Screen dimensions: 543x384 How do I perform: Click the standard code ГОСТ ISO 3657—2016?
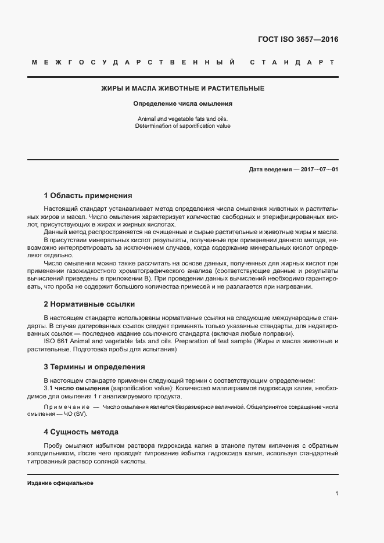pos(297,40)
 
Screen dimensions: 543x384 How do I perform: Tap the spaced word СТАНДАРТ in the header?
pos(292,62)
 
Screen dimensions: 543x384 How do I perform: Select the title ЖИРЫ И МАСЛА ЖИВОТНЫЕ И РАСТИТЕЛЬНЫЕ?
pos(183,89)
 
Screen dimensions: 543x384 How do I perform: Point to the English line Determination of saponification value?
pos(183,125)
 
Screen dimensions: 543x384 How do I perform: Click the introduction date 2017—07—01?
pos(318,170)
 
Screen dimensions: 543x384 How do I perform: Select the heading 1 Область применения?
pos(88,196)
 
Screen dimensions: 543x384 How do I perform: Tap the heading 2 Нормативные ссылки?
pos(89,304)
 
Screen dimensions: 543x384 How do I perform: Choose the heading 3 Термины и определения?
pos(94,367)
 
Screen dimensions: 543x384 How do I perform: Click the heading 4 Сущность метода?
pos(81,432)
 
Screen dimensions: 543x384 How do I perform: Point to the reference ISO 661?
pos(54,341)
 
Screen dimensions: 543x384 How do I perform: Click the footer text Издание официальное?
pos(60,483)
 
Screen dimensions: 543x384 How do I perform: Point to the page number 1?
pos(336,493)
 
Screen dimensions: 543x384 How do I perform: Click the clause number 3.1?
pos(48,387)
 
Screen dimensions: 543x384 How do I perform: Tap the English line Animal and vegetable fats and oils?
pos(183,118)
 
